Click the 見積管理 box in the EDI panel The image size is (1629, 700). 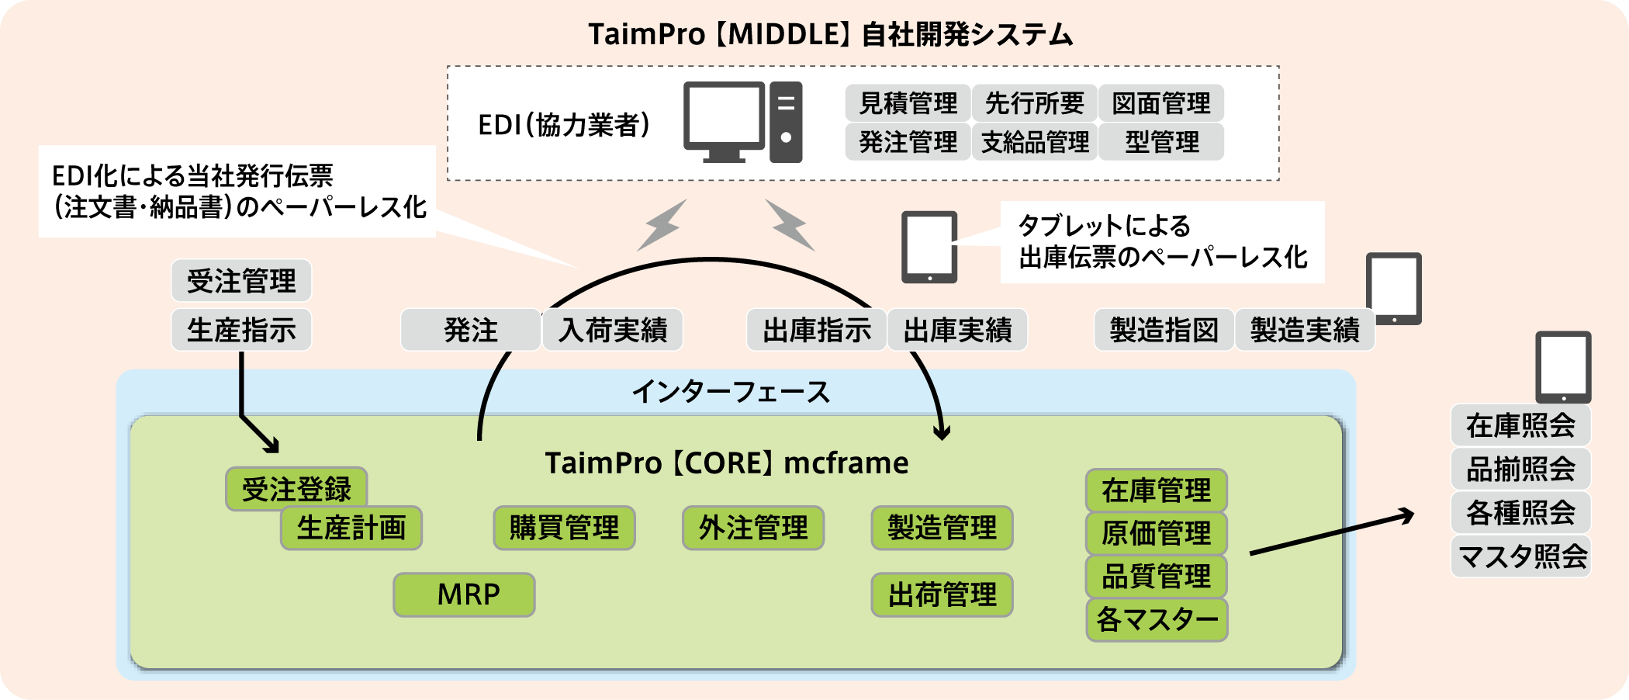pos(908,103)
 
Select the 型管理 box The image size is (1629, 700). pos(1161,142)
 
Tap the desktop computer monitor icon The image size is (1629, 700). pos(724,122)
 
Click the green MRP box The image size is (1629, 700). pos(464,594)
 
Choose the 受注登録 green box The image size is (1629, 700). pos(296,489)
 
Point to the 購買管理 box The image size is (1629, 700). pos(564,528)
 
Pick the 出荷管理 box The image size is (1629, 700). pos(942,594)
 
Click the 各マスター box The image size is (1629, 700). pos(1157,619)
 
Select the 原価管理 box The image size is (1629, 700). pos(1157,533)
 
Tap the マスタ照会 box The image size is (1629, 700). pos(1521,556)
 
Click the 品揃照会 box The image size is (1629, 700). pos(1521,469)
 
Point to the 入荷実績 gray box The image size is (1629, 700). pos(613,330)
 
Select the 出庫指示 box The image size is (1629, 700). pos(816,330)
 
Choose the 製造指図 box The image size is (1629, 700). pos(1164,330)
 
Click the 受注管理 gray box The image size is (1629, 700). pos(241,281)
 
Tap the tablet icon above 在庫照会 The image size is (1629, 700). pos(1563,367)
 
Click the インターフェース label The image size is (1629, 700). pos(731,392)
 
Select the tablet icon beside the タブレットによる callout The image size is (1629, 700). pos(929,247)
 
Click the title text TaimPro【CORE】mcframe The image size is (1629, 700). pos(727,463)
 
